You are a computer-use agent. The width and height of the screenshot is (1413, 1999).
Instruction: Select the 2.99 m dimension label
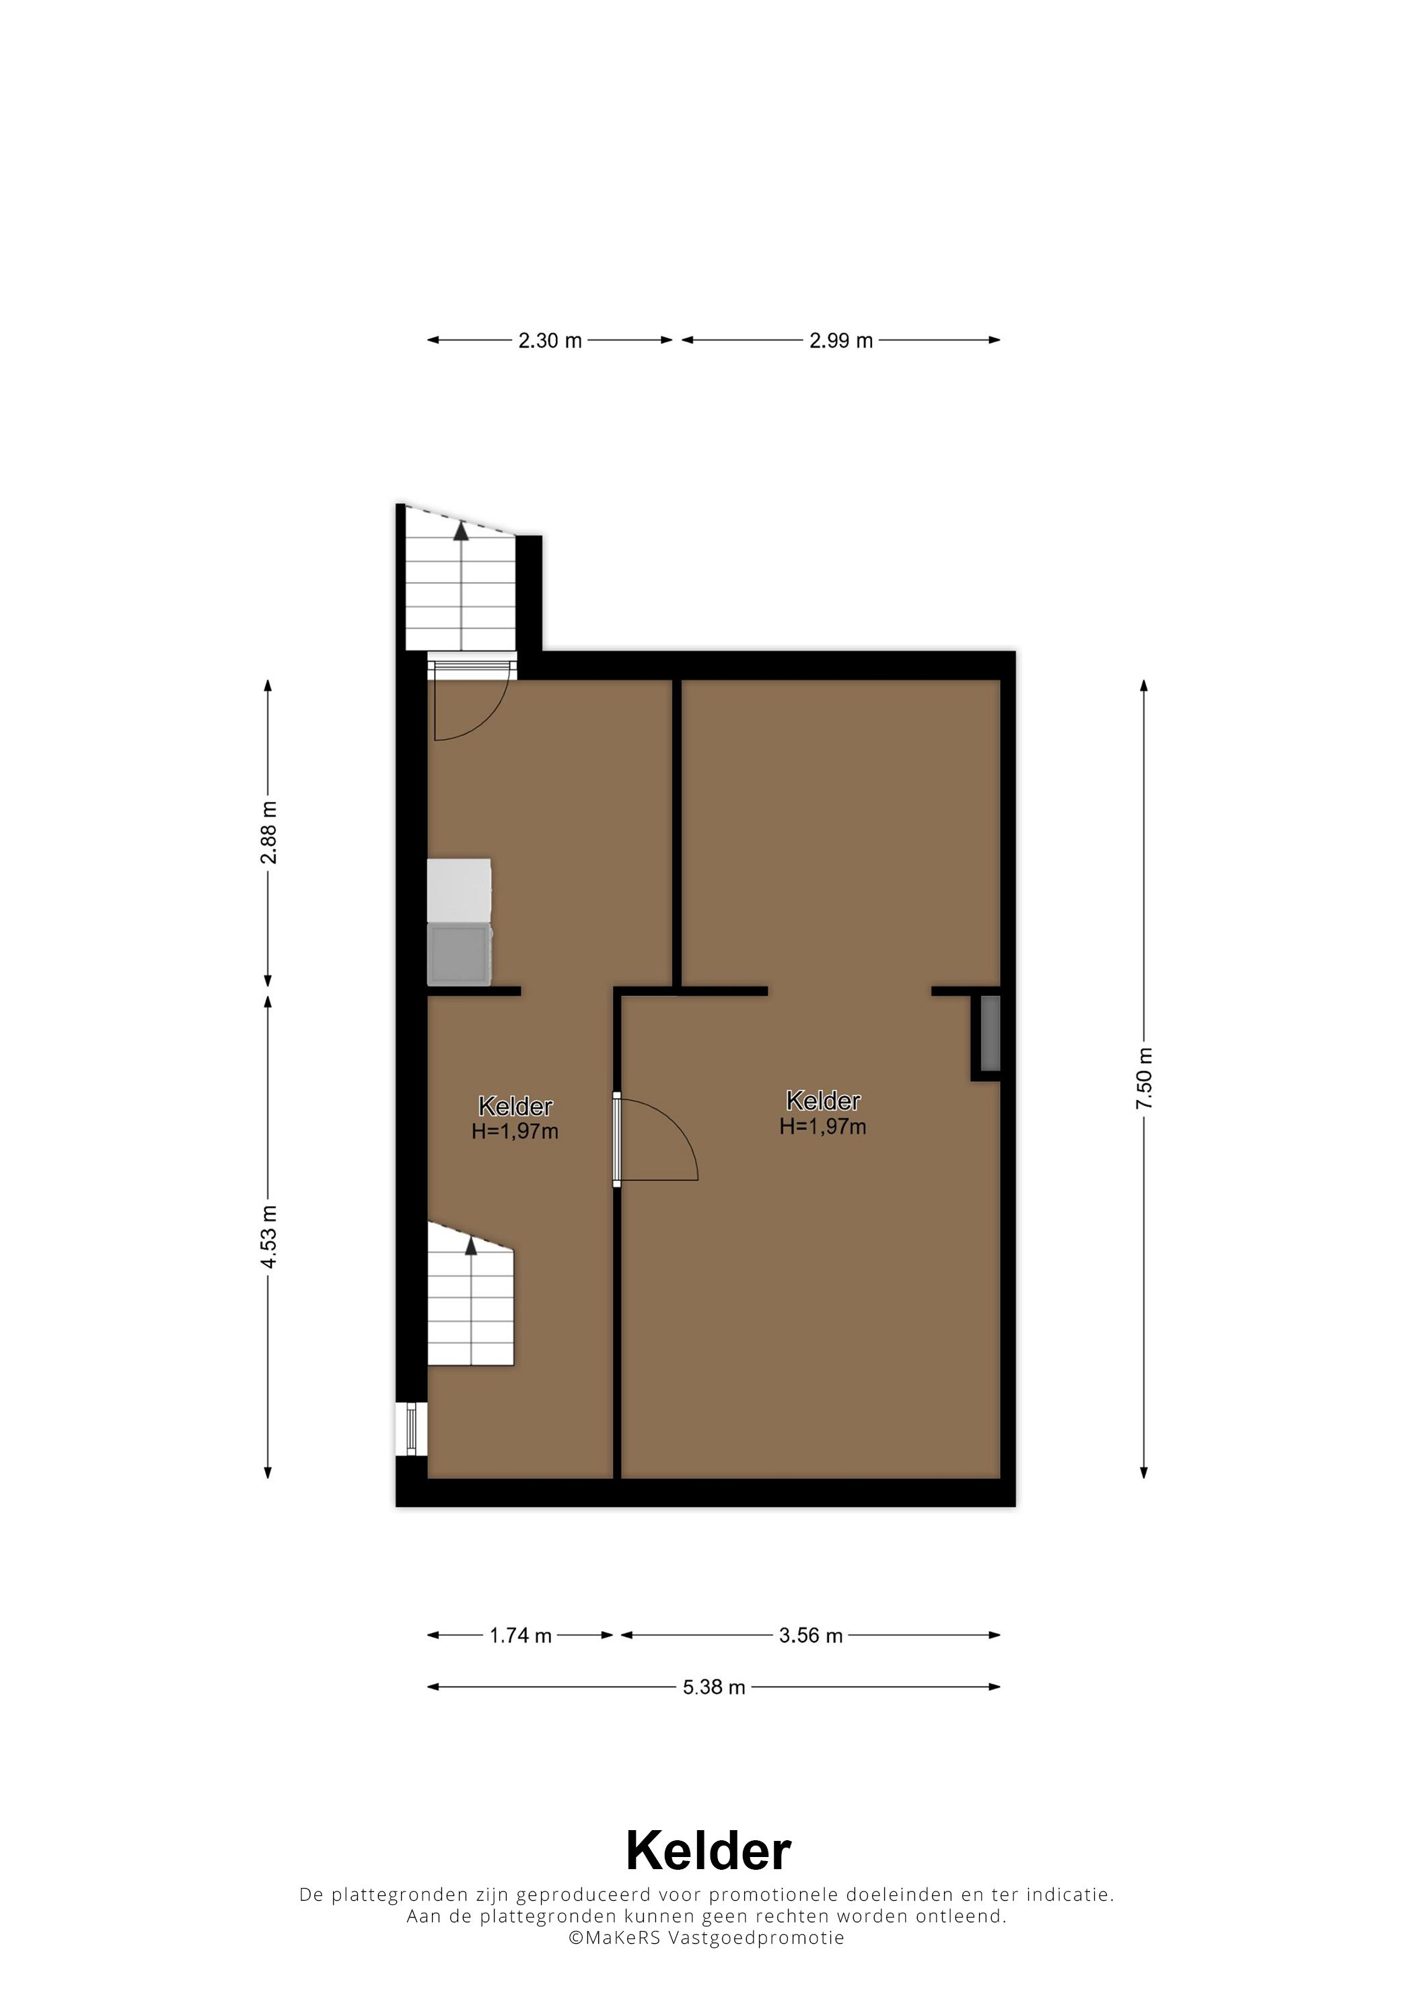coord(840,340)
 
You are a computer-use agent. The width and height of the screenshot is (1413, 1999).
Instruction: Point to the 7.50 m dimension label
coord(1144,1079)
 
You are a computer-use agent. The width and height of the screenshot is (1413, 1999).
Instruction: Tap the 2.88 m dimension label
coord(269,832)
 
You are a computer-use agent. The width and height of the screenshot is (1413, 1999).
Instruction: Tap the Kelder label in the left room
coord(515,1107)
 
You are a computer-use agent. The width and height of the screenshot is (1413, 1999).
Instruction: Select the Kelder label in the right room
coord(823,1101)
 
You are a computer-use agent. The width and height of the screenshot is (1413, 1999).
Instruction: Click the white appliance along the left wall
coord(459,891)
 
